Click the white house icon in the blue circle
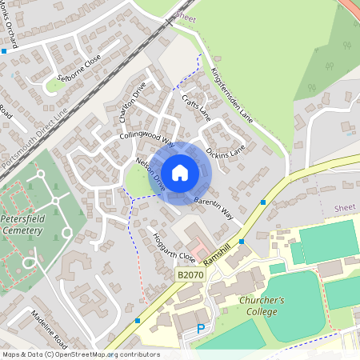point(180,172)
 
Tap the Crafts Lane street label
point(195,107)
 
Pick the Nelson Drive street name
point(150,173)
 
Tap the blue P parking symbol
point(201,329)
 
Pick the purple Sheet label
point(344,207)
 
